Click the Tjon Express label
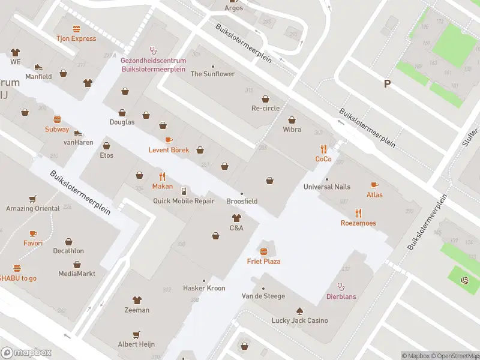(x=76, y=38)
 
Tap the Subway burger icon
(x=58, y=119)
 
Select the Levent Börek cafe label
(x=169, y=149)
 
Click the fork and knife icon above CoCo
(x=323, y=149)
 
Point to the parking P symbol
(x=388, y=84)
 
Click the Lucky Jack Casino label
(x=299, y=320)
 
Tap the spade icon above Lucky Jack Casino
(x=299, y=310)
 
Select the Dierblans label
(x=341, y=296)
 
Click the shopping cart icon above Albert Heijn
(x=137, y=334)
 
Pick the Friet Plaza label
(x=263, y=262)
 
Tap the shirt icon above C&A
(x=236, y=218)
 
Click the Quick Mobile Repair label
(x=184, y=201)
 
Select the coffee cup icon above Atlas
(x=374, y=185)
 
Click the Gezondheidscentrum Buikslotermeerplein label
(x=153, y=65)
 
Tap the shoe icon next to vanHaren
(x=77, y=133)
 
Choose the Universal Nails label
(x=326, y=187)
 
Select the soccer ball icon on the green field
(x=464, y=280)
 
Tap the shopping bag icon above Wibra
(x=292, y=119)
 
